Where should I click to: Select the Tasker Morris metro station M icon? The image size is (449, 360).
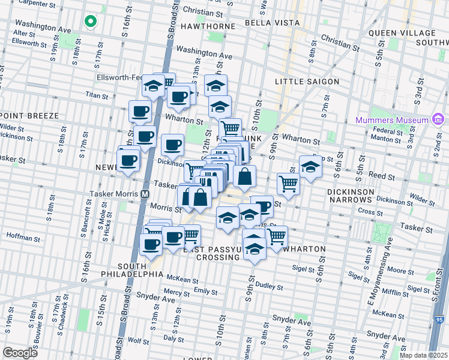(x=145, y=194)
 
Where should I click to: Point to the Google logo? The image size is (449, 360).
(x=20, y=353)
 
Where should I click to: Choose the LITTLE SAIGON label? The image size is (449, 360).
(x=307, y=82)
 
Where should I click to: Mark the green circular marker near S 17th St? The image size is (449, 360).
(x=90, y=22)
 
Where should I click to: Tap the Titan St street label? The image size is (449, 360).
(x=96, y=95)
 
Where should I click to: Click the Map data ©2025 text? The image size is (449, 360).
(x=423, y=355)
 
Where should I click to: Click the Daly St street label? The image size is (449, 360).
(x=173, y=338)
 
